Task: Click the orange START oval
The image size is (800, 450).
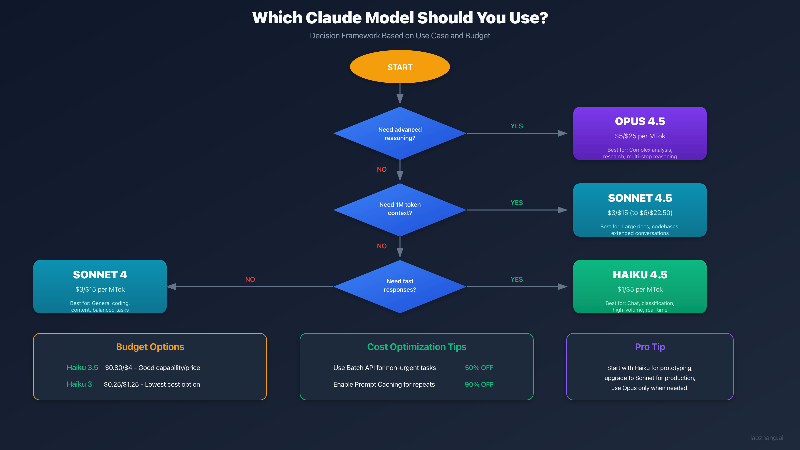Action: point(400,67)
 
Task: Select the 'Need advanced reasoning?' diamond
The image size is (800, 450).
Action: point(400,133)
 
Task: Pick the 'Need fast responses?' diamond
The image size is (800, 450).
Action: point(400,286)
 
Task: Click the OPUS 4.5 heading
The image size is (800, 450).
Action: point(640,121)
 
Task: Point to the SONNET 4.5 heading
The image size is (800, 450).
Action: point(640,198)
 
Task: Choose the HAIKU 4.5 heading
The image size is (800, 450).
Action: point(640,275)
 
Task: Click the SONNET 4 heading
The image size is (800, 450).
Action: point(100,275)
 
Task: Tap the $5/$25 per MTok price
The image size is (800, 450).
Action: point(640,136)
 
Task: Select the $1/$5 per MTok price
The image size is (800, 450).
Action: point(640,289)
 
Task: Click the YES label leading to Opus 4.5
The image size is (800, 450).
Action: point(517,126)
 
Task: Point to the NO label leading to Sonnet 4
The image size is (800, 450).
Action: point(250,279)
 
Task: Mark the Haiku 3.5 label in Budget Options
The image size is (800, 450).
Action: point(82,367)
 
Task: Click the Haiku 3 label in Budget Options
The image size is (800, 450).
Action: point(79,384)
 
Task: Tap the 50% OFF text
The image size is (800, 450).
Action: point(479,368)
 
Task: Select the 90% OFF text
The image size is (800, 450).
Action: point(479,384)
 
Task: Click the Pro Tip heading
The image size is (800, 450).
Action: point(650,347)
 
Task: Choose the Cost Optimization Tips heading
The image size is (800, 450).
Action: point(416,347)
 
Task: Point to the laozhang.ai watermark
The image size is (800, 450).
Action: point(767,438)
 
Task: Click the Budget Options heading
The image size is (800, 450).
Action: point(150,347)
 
